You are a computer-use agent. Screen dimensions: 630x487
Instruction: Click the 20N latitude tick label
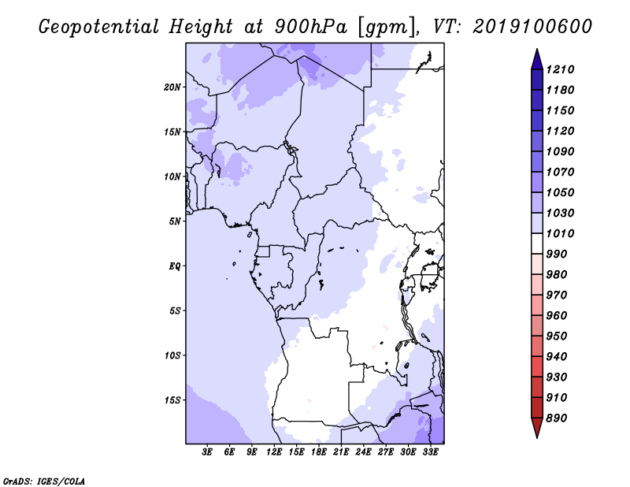172,87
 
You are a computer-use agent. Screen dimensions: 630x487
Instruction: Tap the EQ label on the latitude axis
174,266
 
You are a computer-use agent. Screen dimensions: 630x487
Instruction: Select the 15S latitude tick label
172,400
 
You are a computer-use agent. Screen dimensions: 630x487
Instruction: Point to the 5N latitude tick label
175,221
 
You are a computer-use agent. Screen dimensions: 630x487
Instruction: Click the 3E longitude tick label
207,452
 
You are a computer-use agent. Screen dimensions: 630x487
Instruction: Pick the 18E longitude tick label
319,452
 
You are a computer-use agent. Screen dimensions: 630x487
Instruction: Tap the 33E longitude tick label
430,452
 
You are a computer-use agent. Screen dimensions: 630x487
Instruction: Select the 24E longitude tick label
363,452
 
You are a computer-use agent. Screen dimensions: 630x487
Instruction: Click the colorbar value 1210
560,69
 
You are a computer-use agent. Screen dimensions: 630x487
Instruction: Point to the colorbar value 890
557,418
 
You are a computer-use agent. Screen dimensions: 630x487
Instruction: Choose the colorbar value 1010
560,233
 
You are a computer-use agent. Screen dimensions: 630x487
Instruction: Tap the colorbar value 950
557,336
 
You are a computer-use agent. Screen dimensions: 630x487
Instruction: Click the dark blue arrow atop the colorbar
537,61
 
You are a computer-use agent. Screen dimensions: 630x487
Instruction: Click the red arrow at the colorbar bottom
537,426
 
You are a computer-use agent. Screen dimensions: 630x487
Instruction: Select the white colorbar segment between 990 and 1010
537,243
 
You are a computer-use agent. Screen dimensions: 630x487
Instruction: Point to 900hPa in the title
310,27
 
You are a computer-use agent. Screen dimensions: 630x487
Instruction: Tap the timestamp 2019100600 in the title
532,27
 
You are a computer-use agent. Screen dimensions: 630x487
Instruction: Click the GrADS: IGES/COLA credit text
44,481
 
